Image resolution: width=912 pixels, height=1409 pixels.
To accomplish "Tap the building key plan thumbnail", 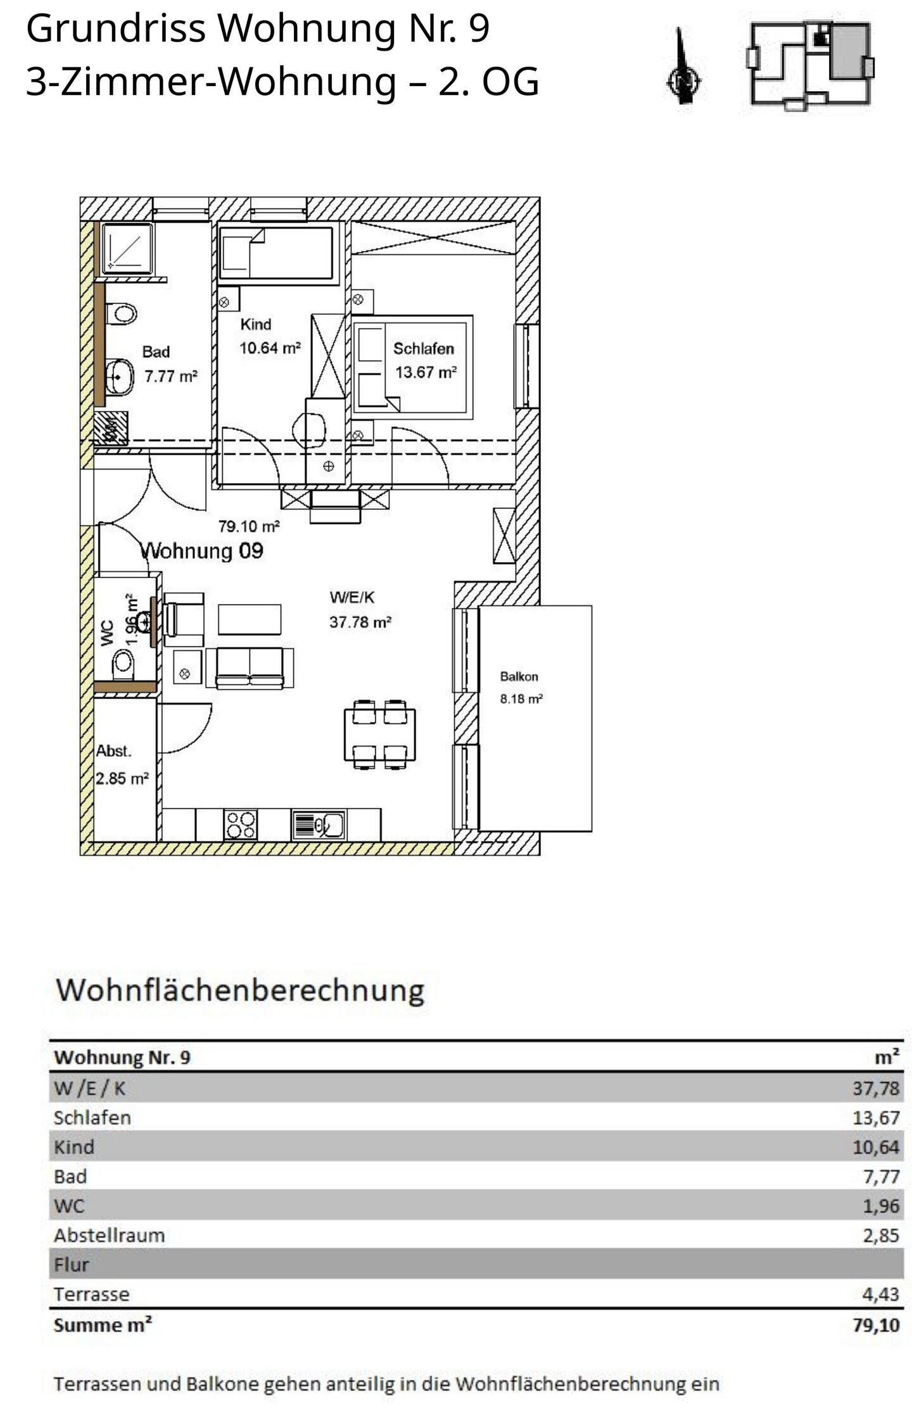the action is pos(811,66).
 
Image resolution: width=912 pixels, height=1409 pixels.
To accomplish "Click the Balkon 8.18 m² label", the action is pos(521,688).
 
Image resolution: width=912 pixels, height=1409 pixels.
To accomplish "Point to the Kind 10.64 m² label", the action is pos(270,336).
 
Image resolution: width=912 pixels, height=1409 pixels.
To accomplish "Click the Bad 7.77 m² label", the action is pos(170,363).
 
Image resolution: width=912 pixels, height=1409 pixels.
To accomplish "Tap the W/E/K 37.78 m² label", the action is pos(360,609).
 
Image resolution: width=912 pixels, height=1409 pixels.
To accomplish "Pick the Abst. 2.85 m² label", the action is pos(122,765).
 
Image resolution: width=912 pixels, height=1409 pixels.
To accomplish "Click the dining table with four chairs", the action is pos(380,734).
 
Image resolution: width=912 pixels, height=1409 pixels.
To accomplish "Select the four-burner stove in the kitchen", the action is pos(241,825).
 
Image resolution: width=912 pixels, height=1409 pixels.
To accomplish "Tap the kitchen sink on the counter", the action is pos(319,825).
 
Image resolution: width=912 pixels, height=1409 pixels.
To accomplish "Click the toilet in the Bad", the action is pos(122,313).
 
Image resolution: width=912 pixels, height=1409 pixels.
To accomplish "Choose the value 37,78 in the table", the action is pos(876,1088).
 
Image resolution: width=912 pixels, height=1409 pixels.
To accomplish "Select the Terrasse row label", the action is pos(91,1294).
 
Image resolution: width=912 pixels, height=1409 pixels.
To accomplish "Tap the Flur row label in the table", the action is pos(71,1264).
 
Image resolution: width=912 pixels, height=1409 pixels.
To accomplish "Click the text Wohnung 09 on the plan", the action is pos(201,551).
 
